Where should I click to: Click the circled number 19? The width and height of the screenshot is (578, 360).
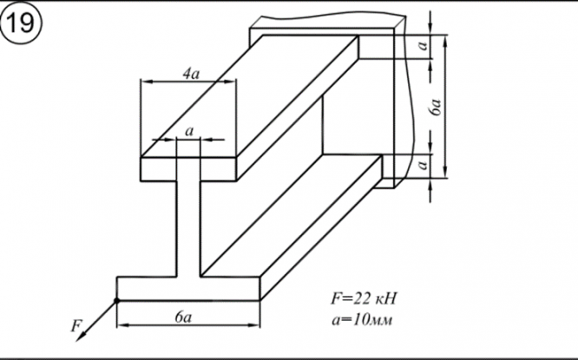tap(19, 23)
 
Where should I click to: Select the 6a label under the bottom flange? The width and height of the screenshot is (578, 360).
tap(182, 317)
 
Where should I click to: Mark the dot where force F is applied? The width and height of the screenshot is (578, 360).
tap(117, 300)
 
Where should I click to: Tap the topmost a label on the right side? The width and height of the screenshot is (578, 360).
tap(423, 48)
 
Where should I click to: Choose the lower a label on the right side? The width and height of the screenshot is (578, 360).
tap(423, 163)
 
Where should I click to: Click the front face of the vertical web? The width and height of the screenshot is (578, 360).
tap(188, 230)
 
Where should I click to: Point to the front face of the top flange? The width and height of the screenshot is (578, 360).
tap(188, 170)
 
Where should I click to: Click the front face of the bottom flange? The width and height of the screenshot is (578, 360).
tap(188, 288)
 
